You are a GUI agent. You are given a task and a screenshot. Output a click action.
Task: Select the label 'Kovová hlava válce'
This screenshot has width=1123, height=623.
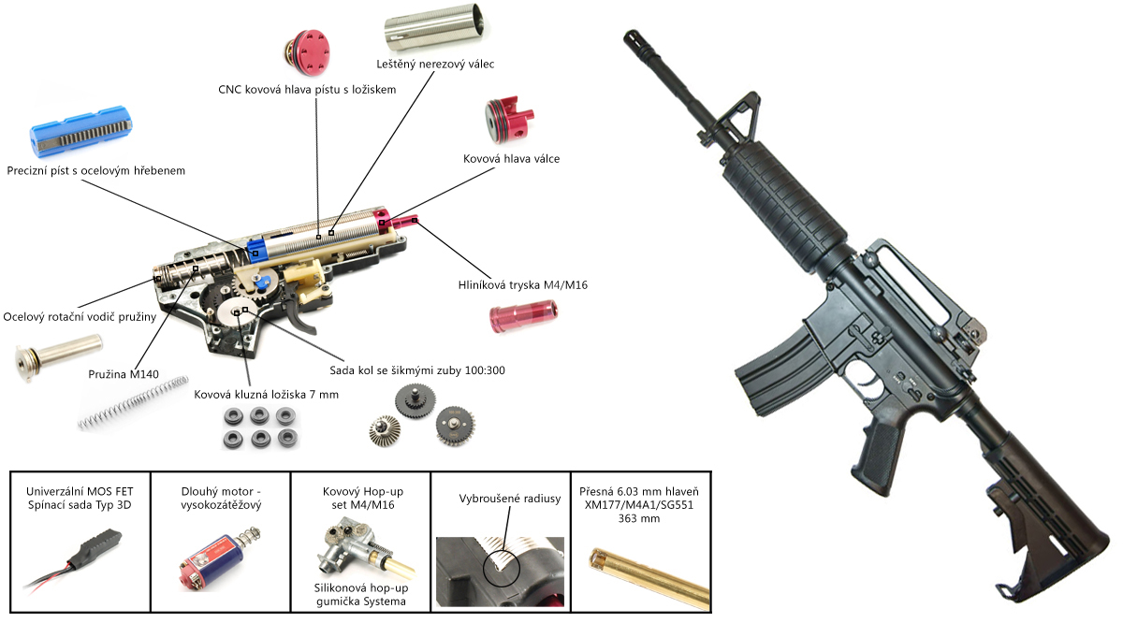coord(512,159)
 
